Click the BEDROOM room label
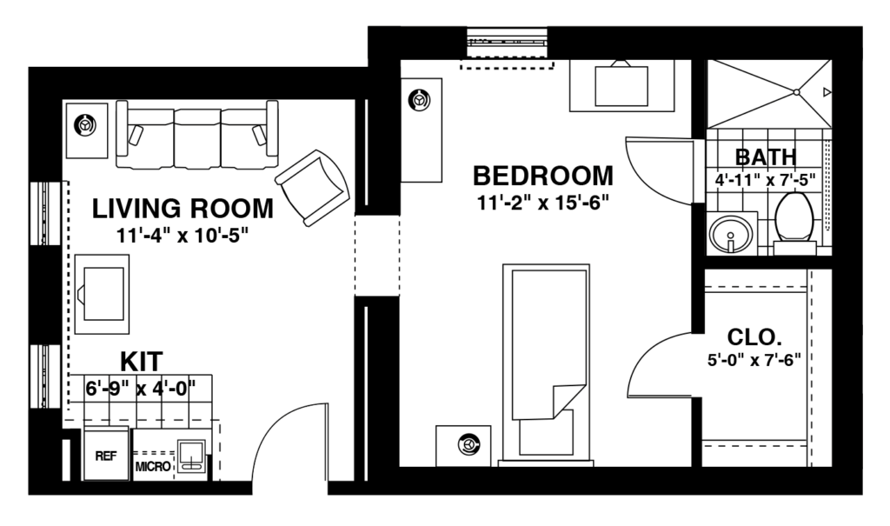click(542, 176)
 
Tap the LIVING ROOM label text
click(183, 209)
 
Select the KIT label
click(141, 361)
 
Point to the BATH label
click(765, 157)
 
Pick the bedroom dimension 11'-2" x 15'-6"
click(542, 203)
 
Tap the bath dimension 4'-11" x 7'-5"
click(765, 182)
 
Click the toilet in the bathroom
click(793, 220)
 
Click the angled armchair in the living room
click(312, 185)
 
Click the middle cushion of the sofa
click(197, 137)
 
